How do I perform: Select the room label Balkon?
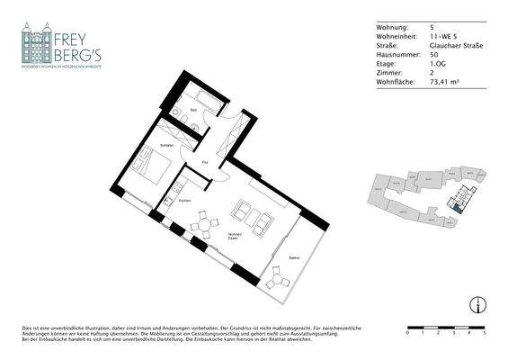click(294, 258)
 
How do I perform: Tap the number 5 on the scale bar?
click(485, 333)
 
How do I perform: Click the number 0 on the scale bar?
click(408, 333)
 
